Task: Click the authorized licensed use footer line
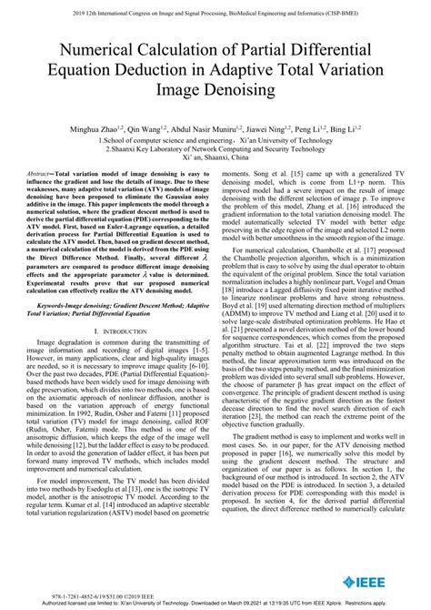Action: [215, 603]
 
